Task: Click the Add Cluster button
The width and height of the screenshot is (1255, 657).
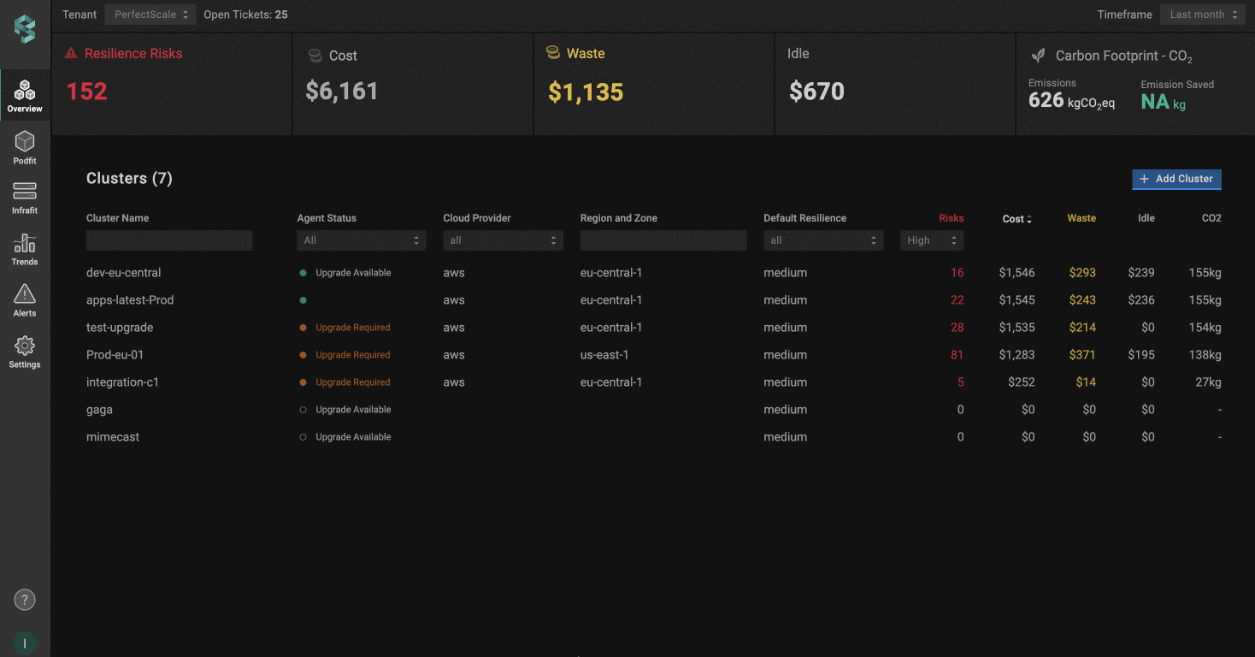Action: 1176,179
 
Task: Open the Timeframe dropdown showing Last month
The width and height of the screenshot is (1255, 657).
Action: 1203,15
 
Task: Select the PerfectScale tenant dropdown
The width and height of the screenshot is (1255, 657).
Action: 150,15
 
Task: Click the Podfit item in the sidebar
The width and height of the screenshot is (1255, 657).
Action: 25,148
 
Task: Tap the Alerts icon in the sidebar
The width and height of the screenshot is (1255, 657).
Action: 25,300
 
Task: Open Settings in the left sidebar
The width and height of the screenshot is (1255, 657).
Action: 25,352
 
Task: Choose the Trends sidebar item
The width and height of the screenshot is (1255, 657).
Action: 25,249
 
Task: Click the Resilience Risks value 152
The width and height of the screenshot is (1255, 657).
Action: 87,92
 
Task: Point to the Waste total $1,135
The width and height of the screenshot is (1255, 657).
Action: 586,92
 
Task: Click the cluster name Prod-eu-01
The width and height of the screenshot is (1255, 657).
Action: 115,355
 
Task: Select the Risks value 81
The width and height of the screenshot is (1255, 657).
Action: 957,355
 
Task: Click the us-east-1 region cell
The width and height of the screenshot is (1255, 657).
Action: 605,355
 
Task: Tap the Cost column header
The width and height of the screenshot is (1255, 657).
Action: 1016,219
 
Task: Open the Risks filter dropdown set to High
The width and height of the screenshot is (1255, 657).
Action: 932,240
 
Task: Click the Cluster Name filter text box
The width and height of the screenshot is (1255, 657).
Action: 169,240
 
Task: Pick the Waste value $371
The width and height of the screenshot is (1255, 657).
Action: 1082,355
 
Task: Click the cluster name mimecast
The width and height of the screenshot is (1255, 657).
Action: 113,437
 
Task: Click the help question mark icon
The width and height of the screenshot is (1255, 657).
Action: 25,600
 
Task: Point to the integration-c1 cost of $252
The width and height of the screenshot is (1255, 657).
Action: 1021,382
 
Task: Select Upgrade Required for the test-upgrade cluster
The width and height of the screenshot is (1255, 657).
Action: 352,328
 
